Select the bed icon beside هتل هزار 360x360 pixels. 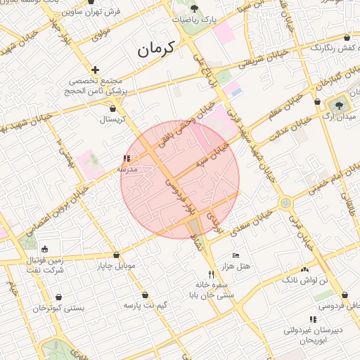236,255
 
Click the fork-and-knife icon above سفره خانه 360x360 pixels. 210,274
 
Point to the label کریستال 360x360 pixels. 112,120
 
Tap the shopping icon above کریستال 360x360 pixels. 114,109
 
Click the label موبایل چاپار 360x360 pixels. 115,266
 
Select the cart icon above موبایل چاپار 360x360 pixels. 115,255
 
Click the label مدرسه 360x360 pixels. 127,170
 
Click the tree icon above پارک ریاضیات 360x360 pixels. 194,8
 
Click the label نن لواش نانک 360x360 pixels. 304,280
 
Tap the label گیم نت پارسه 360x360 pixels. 145,306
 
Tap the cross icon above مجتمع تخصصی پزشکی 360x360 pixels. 96,70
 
